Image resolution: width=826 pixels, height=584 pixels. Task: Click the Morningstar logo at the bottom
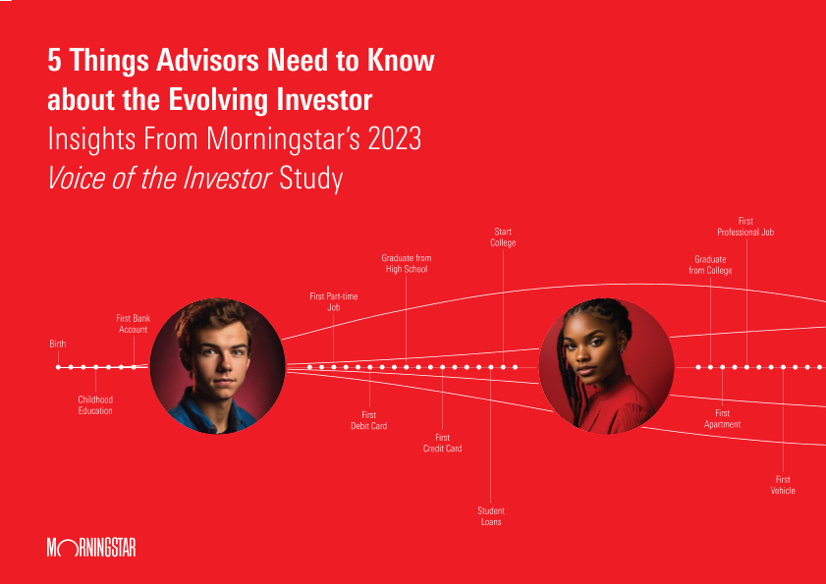(x=91, y=548)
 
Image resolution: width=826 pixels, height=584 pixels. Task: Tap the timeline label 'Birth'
(x=58, y=344)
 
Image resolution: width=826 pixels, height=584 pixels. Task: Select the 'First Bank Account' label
(x=134, y=324)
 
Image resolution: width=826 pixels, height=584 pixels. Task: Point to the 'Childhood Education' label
(x=95, y=405)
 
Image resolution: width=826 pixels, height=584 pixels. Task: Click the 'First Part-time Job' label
(x=334, y=301)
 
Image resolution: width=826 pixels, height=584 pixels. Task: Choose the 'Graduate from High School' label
(x=407, y=263)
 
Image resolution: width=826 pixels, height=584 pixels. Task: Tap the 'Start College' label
(x=503, y=237)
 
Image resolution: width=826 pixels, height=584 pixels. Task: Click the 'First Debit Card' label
(x=369, y=420)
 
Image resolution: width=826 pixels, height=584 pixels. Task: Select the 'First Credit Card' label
(x=443, y=443)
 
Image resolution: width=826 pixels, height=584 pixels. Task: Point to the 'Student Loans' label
(x=491, y=516)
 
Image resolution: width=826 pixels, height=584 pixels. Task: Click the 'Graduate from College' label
(x=710, y=265)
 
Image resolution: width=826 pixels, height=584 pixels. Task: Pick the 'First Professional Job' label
(x=745, y=227)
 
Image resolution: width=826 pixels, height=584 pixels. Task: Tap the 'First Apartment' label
(x=722, y=419)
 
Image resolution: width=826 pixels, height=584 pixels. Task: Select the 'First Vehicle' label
(x=783, y=485)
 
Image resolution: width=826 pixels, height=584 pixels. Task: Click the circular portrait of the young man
(x=218, y=366)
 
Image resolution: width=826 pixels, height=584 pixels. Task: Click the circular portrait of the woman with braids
(x=606, y=366)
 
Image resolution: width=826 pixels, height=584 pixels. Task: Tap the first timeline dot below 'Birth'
(x=58, y=367)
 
